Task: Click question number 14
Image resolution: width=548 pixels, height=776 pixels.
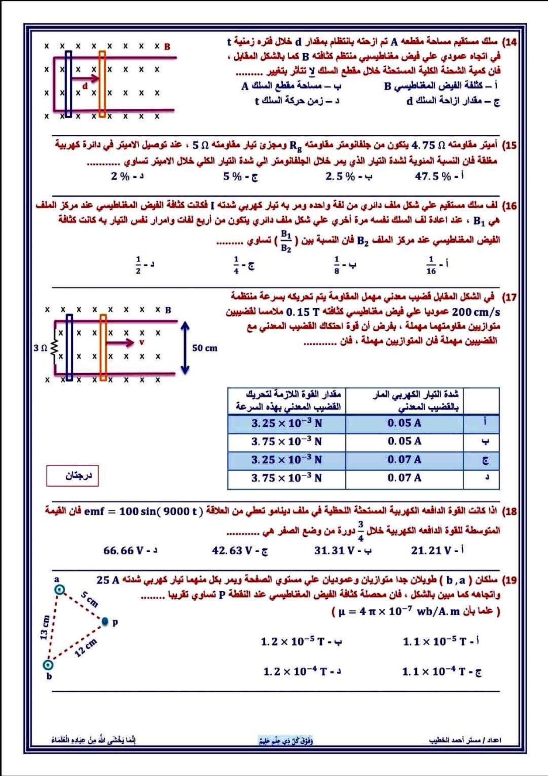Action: tap(510, 42)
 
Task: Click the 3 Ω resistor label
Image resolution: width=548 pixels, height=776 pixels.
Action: tap(40, 348)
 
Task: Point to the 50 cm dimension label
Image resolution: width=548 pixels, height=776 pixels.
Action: tap(205, 348)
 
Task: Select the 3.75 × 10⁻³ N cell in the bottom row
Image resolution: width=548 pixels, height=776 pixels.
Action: tap(286, 478)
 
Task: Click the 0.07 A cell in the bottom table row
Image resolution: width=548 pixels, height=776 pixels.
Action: tap(404, 478)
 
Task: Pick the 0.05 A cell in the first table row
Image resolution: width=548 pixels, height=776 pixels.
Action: tap(404, 423)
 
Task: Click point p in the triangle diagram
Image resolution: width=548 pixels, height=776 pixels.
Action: tap(105, 622)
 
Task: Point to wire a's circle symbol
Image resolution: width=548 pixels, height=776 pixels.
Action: tap(60, 589)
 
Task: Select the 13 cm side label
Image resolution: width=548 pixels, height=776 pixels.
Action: tap(45, 627)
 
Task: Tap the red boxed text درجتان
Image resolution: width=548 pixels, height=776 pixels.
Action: tap(72, 476)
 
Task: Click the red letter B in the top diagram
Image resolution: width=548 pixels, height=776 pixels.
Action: tap(167, 46)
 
